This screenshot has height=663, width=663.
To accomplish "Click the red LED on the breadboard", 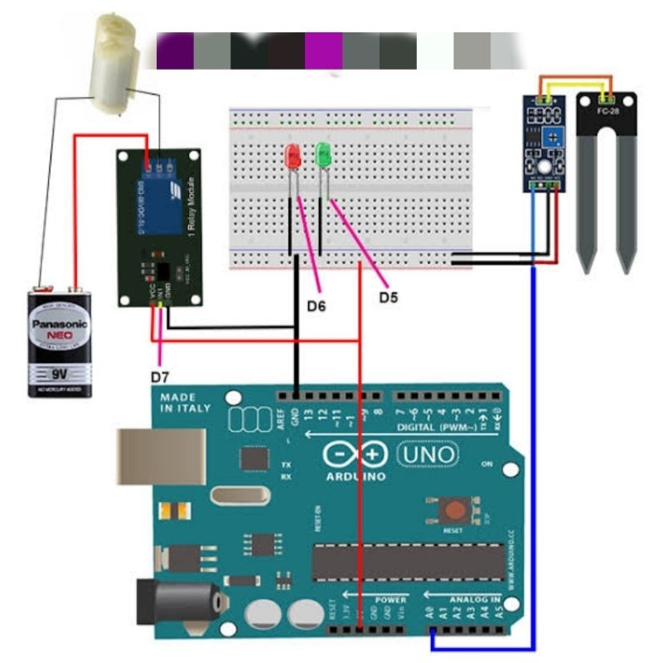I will click(293, 155).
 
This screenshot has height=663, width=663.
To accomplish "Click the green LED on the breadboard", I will click(323, 153).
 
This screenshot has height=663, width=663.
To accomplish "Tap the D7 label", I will click(160, 377).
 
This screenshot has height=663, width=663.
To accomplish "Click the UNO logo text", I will click(428, 454).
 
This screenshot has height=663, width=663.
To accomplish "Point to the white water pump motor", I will click(114, 62).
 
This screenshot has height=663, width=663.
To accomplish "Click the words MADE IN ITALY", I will click(185, 403).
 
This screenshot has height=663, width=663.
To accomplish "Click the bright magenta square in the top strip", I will click(323, 51).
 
